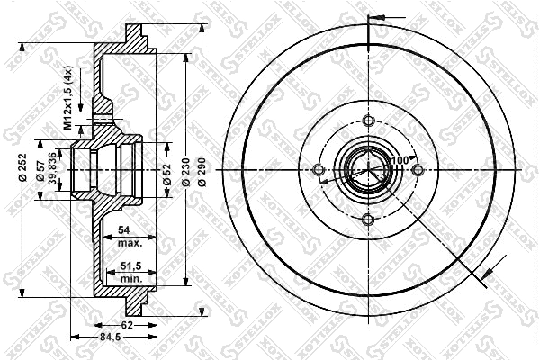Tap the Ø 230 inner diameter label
pos(184,170)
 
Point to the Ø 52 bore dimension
pos(167,170)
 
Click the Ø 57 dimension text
pos(40,170)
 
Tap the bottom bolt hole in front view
pos(366,220)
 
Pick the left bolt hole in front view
pos(318,171)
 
